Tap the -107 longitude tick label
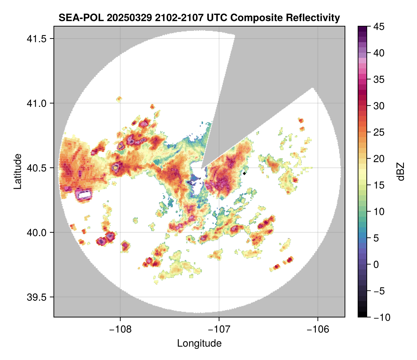click(x=219, y=329)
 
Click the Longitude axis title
click(x=199, y=343)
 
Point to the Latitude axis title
click(x=17, y=171)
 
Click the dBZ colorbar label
click(x=401, y=171)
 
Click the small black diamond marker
click(x=245, y=173)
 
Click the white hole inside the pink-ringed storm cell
click(x=84, y=195)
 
